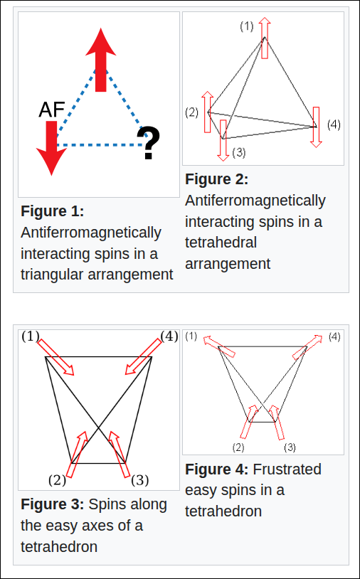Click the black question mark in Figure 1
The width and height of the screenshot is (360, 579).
click(x=149, y=142)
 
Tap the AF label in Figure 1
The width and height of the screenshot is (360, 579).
click(x=52, y=110)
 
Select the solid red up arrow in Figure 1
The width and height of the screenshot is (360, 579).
click(x=101, y=60)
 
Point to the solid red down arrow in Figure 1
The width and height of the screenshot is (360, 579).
click(x=51, y=148)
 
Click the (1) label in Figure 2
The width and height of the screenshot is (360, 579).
click(x=247, y=26)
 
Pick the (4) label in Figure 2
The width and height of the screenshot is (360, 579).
click(x=334, y=124)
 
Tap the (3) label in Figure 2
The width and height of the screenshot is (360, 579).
click(x=239, y=152)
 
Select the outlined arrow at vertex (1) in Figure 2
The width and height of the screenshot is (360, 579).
click(x=265, y=37)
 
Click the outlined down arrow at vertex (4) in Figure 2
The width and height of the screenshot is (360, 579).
click(x=316, y=127)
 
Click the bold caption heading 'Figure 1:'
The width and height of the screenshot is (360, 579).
click(x=53, y=211)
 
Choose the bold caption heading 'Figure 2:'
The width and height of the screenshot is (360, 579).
click(x=217, y=179)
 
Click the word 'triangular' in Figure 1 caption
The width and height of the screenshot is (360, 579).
click(x=55, y=275)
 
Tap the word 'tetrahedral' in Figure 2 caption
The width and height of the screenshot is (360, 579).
click(x=221, y=243)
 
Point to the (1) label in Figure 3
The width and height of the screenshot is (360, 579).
click(x=31, y=336)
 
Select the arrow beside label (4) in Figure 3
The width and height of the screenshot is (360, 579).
click(x=143, y=357)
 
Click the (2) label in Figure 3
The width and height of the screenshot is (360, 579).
click(x=57, y=480)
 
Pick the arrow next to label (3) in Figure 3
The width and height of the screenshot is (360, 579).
click(x=120, y=455)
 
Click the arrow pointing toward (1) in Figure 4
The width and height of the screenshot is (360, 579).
click(x=219, y=346)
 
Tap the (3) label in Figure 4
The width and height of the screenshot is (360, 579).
click(x=290, y=448)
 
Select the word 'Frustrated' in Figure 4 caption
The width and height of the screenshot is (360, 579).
click(x=287, y=469)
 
